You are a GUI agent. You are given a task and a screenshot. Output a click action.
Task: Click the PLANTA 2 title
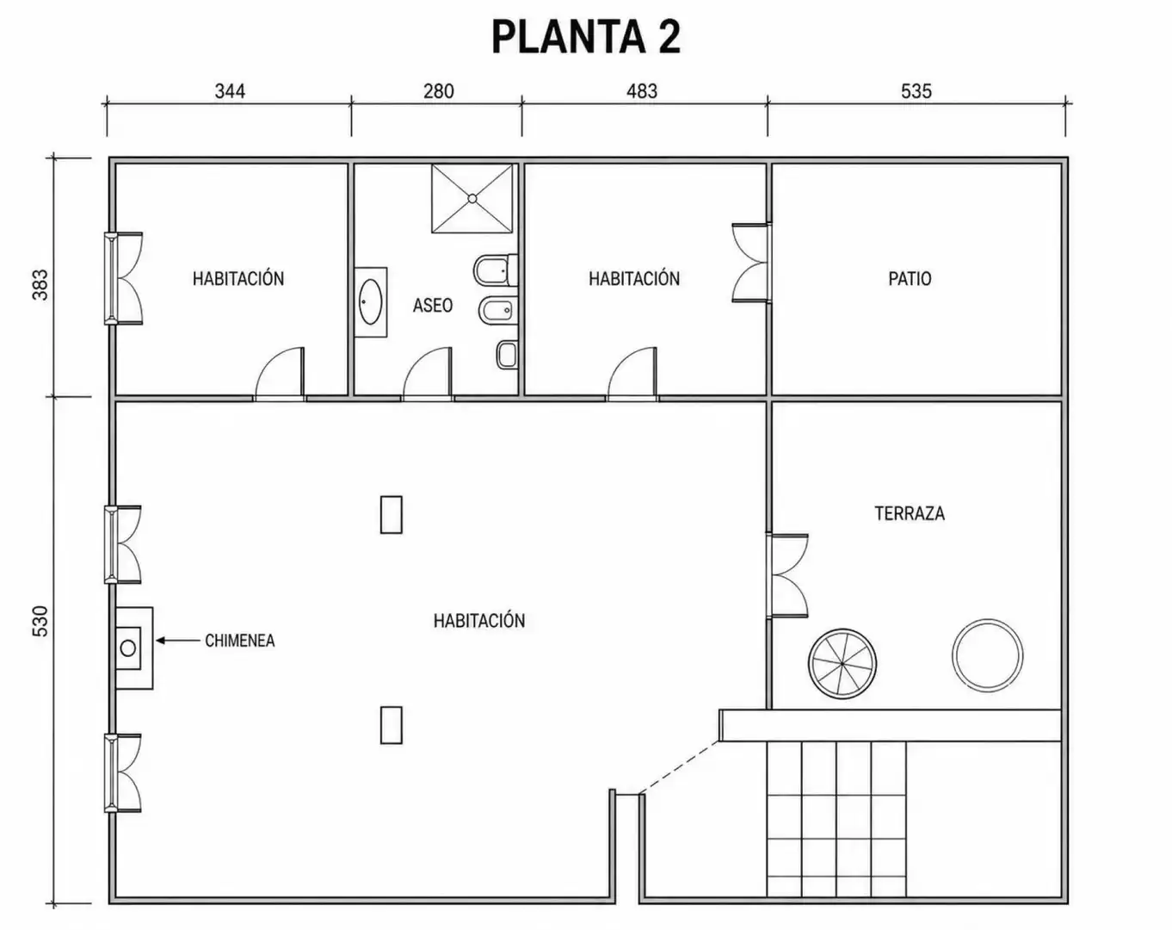586,36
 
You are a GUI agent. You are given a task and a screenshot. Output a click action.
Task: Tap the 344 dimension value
230,91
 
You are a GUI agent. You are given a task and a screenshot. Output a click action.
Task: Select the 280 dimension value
438,91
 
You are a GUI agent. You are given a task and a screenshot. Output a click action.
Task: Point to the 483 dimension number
642,91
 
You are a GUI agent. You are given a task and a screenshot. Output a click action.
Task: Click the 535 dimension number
916,91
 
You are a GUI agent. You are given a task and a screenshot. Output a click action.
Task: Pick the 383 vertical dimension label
40,284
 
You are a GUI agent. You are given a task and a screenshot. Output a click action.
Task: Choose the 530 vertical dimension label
40,621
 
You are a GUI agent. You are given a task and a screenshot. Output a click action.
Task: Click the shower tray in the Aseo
472,199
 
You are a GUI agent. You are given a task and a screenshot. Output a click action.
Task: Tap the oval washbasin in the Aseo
371,302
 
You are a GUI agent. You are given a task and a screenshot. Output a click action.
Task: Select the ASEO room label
433,306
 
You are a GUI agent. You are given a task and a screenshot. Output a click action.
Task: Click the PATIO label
910,279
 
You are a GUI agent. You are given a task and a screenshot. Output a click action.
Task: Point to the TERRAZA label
910,513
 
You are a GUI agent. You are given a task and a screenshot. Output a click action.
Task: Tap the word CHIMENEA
239,641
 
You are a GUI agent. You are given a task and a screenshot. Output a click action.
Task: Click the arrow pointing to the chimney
177,641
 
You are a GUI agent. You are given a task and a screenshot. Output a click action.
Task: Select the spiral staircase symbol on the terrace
842,663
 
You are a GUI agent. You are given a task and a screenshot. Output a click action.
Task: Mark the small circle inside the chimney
128,648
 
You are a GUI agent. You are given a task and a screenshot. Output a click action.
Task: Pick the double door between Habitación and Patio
750,263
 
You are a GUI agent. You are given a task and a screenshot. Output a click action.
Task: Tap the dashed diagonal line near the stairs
679,767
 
